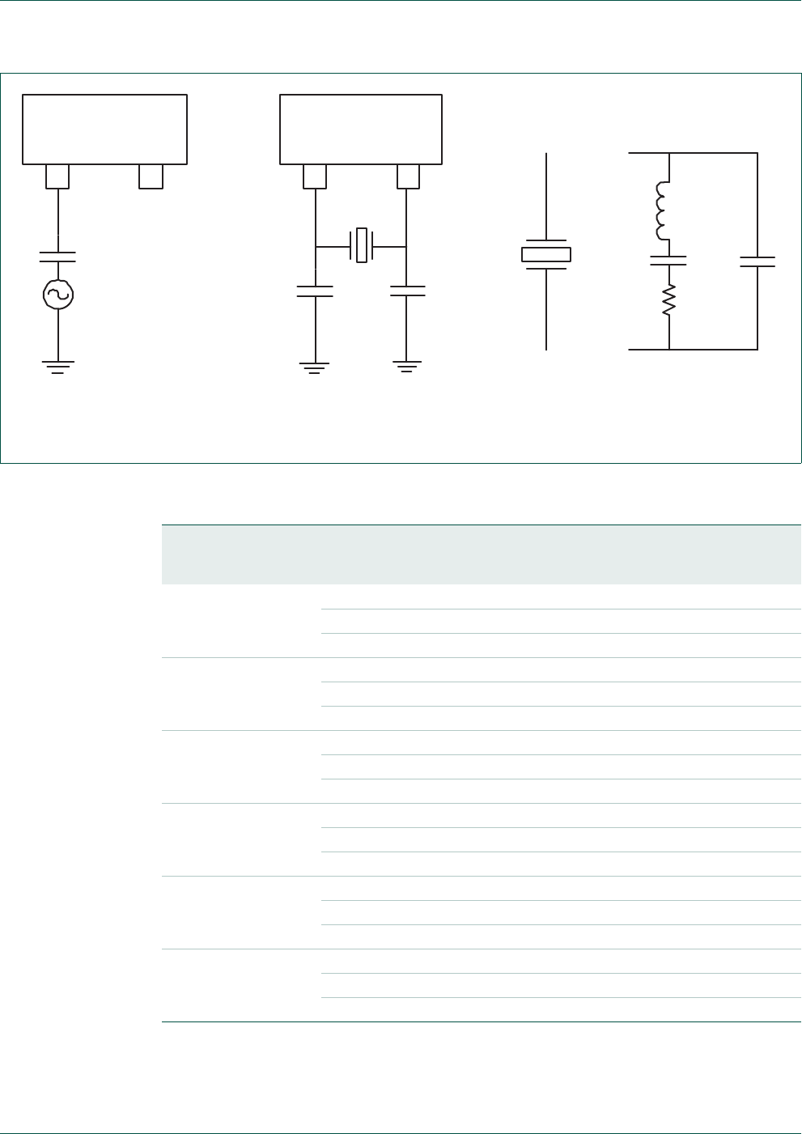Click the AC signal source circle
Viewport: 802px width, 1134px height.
58,295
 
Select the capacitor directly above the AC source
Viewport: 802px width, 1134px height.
58,257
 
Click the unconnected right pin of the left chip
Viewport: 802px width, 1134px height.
151,176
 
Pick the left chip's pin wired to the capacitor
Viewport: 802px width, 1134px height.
57,176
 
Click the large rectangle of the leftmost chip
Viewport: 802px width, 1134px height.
104,130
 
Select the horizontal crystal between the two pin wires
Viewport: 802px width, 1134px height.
361,246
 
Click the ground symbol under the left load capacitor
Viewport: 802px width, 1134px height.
315,367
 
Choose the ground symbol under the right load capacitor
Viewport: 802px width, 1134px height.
407,367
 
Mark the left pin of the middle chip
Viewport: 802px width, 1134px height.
315,176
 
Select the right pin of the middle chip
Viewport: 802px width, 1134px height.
408,176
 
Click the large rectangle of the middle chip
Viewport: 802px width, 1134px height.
361,130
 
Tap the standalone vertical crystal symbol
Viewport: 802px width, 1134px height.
546,254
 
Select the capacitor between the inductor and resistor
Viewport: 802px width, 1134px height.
669,261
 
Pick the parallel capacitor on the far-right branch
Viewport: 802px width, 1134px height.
757,261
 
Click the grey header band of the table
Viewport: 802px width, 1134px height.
481,554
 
